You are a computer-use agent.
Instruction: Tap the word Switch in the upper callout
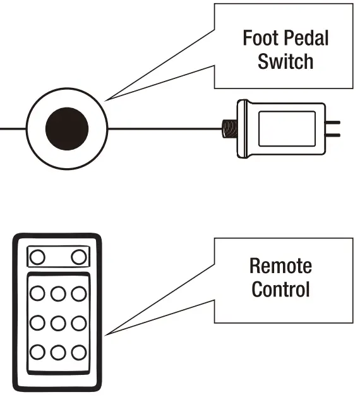285,62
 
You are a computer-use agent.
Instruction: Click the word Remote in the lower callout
280,266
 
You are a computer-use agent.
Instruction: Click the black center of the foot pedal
67,129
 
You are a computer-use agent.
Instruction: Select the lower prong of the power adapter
333,134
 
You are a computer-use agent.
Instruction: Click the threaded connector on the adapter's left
227,129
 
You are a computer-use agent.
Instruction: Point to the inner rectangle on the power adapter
287,128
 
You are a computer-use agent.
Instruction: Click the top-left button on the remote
37,257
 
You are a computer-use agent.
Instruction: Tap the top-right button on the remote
78,257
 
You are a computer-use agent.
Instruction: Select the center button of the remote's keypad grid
57,322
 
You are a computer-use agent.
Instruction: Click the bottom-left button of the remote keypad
37,352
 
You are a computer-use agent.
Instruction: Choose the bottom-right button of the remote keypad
78,352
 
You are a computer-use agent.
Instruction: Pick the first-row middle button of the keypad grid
57,294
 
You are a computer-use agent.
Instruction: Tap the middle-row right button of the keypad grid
78,322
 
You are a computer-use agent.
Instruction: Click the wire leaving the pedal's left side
13,129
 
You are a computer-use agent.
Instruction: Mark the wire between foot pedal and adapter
164,129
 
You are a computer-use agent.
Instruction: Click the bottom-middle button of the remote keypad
57,352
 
